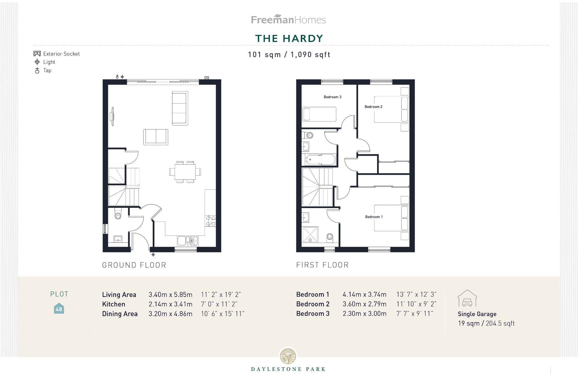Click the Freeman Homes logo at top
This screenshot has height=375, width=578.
pyautogui.click(x=288, y=19)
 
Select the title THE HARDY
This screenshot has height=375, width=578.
pyautogui.click(x=289, y=38)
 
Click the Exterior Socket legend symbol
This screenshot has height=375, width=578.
pyautogui.click(x=37, y=54)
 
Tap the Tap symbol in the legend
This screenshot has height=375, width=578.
pyautogui.click(x=37, y=71)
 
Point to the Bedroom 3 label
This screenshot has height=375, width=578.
pyautogui.click(x=332, y=97)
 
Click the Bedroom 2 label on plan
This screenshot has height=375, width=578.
pyautogui.click(x=373, y=107)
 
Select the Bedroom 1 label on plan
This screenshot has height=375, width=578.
pyautogui.click(x=374, y=217)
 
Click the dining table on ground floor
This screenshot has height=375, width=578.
pyautogui.click(x=185, y=172)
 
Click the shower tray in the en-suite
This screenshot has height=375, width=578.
pyautogui.click(x=310, y=234)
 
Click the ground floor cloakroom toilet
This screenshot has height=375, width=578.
pyautogui.click(x=118, y=214)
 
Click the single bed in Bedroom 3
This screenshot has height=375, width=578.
pyautogui.click(x=319, y=114)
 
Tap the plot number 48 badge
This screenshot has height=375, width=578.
pyautogui.click(x=59, y=309)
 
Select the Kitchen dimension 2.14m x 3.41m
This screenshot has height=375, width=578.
pyautogui.click(x=170, y=304)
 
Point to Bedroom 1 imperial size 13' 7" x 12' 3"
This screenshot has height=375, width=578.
pyautogui.click(x=416, y=294)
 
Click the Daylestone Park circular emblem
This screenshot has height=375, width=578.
pyautogui.click(x=288, y=356)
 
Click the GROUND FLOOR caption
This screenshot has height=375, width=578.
pyautogui.click(x=134, y=265)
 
